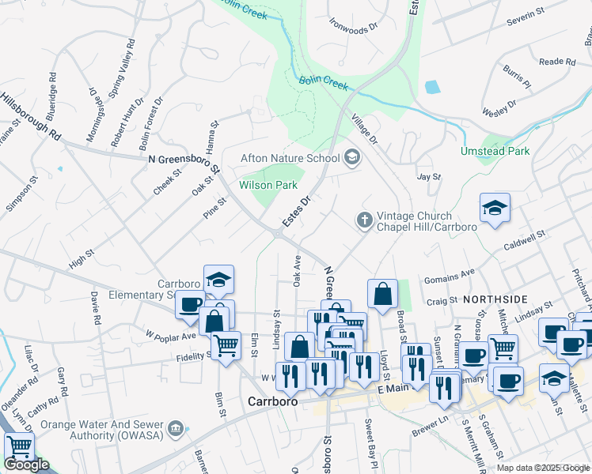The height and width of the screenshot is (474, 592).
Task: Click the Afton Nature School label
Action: pos(290,158)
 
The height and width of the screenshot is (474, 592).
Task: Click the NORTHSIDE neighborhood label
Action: pos(495,299)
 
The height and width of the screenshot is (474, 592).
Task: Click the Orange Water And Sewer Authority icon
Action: pos(176,429)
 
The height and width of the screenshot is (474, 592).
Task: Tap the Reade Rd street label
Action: pos(556,62)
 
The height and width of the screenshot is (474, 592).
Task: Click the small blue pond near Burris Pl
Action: pos(431,87)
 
